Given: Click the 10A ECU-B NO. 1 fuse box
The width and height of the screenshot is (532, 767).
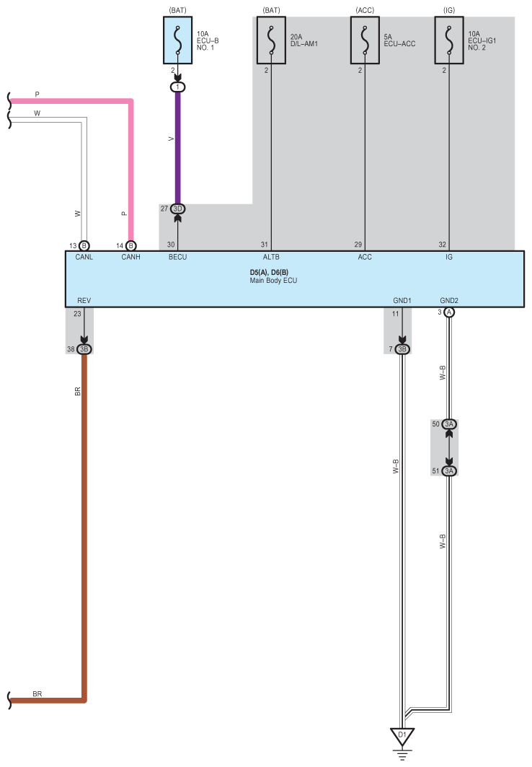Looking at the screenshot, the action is tap(178, 40).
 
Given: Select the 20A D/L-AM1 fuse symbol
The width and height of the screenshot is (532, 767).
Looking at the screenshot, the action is tap(272, 40).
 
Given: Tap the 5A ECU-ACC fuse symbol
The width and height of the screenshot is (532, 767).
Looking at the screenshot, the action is tap(365, 40).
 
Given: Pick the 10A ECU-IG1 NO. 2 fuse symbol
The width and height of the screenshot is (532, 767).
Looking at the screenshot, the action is tap(449, 40).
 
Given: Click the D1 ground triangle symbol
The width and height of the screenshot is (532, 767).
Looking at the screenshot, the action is tap(402, 736).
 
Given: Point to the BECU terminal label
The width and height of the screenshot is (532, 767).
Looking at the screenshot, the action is tap(178, 258).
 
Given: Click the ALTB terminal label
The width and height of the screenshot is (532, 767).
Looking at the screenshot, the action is tap(272, 258).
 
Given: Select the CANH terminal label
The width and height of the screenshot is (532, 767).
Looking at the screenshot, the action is tap(131, 258).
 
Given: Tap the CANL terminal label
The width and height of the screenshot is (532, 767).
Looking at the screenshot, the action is tap(84, 258).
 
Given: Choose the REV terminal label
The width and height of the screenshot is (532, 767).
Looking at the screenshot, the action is tap(84, 301).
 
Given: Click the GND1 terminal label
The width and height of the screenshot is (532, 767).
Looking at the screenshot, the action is tap(402, 301).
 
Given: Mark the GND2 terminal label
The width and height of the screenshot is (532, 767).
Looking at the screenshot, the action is tap(449, 301).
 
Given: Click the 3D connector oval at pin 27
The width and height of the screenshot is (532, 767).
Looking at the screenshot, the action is tap(178, 209).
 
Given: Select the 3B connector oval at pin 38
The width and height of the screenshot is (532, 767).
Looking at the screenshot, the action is tap(84, 349).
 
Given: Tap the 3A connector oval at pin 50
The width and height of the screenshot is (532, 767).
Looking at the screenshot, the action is tap(449, 424).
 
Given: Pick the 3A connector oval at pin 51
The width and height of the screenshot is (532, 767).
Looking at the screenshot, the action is tap(449, 471).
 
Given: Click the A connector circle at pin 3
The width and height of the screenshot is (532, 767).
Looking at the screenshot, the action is tap(449, 312).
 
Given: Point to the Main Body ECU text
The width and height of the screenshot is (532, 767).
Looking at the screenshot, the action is tap(274, 281).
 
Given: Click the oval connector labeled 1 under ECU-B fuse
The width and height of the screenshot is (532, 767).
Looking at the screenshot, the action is tap(178, 87).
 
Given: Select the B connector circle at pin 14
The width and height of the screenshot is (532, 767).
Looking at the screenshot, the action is tap(131, 245).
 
